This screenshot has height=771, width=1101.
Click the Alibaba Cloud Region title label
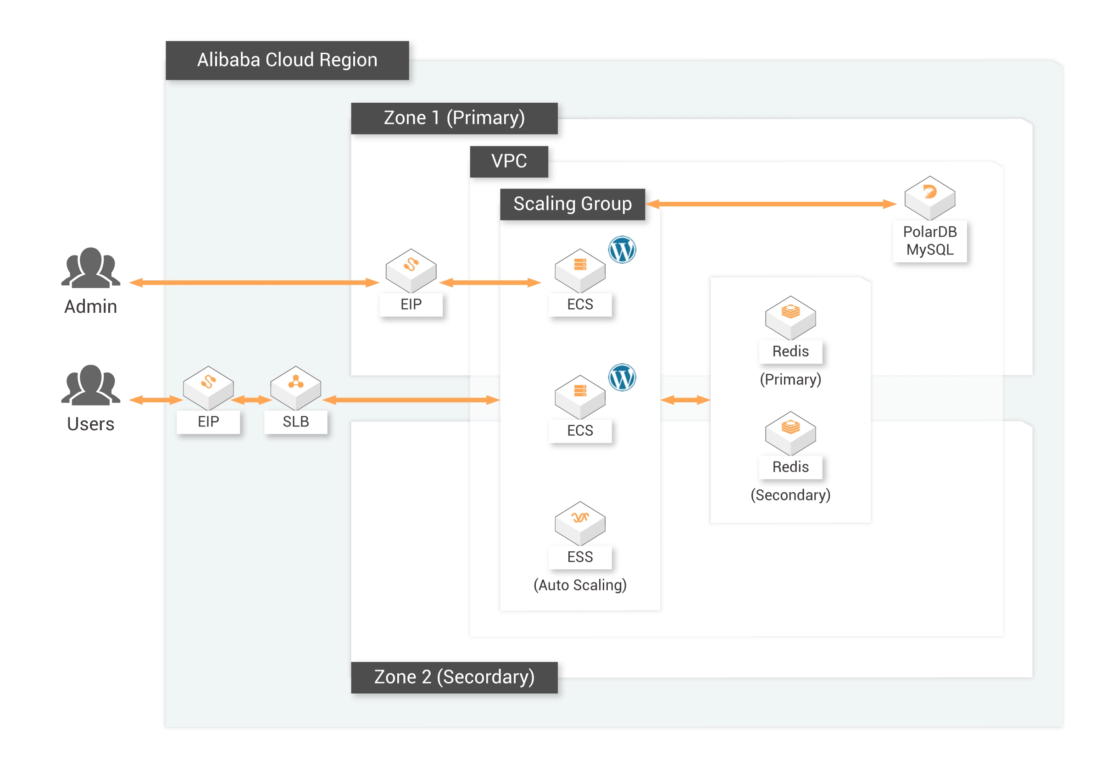click(x=287, y=60)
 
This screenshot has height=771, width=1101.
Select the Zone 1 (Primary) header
click(x=454, y=118)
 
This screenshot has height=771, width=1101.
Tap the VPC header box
click(x=509, y=161)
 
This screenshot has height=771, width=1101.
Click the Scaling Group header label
click(x=572, y=204)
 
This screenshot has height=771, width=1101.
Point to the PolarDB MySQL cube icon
click(x=929, y=198)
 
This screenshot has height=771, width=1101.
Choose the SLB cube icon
click(x=295, y=388)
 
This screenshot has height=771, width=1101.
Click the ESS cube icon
click(x=580, y=522)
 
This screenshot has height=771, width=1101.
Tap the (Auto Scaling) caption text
click(x=580, y=585)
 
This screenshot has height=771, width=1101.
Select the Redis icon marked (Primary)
click(x=790, y=317)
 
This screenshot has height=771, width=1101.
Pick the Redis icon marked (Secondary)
click(x=790, y=433)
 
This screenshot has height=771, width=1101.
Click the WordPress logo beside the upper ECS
click(x=622, y=250)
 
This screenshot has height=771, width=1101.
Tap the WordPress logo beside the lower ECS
click(x=622, y=377)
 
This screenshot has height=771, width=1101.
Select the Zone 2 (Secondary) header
click(x=454, y=677)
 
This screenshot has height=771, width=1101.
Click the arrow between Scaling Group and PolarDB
click(x=771, y=204)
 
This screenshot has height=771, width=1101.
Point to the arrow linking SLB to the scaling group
click(x=411, y=400)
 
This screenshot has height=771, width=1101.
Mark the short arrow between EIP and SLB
click(x=252, y=400)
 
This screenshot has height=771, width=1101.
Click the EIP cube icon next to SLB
click(x=208, y=388)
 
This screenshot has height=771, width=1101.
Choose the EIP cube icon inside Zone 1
click(x=411, y=270)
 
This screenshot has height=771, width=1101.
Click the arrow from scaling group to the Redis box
click(x=685, y=400)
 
